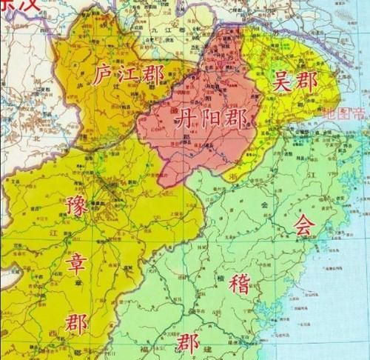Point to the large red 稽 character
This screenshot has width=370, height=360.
(x=238, y=283)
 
